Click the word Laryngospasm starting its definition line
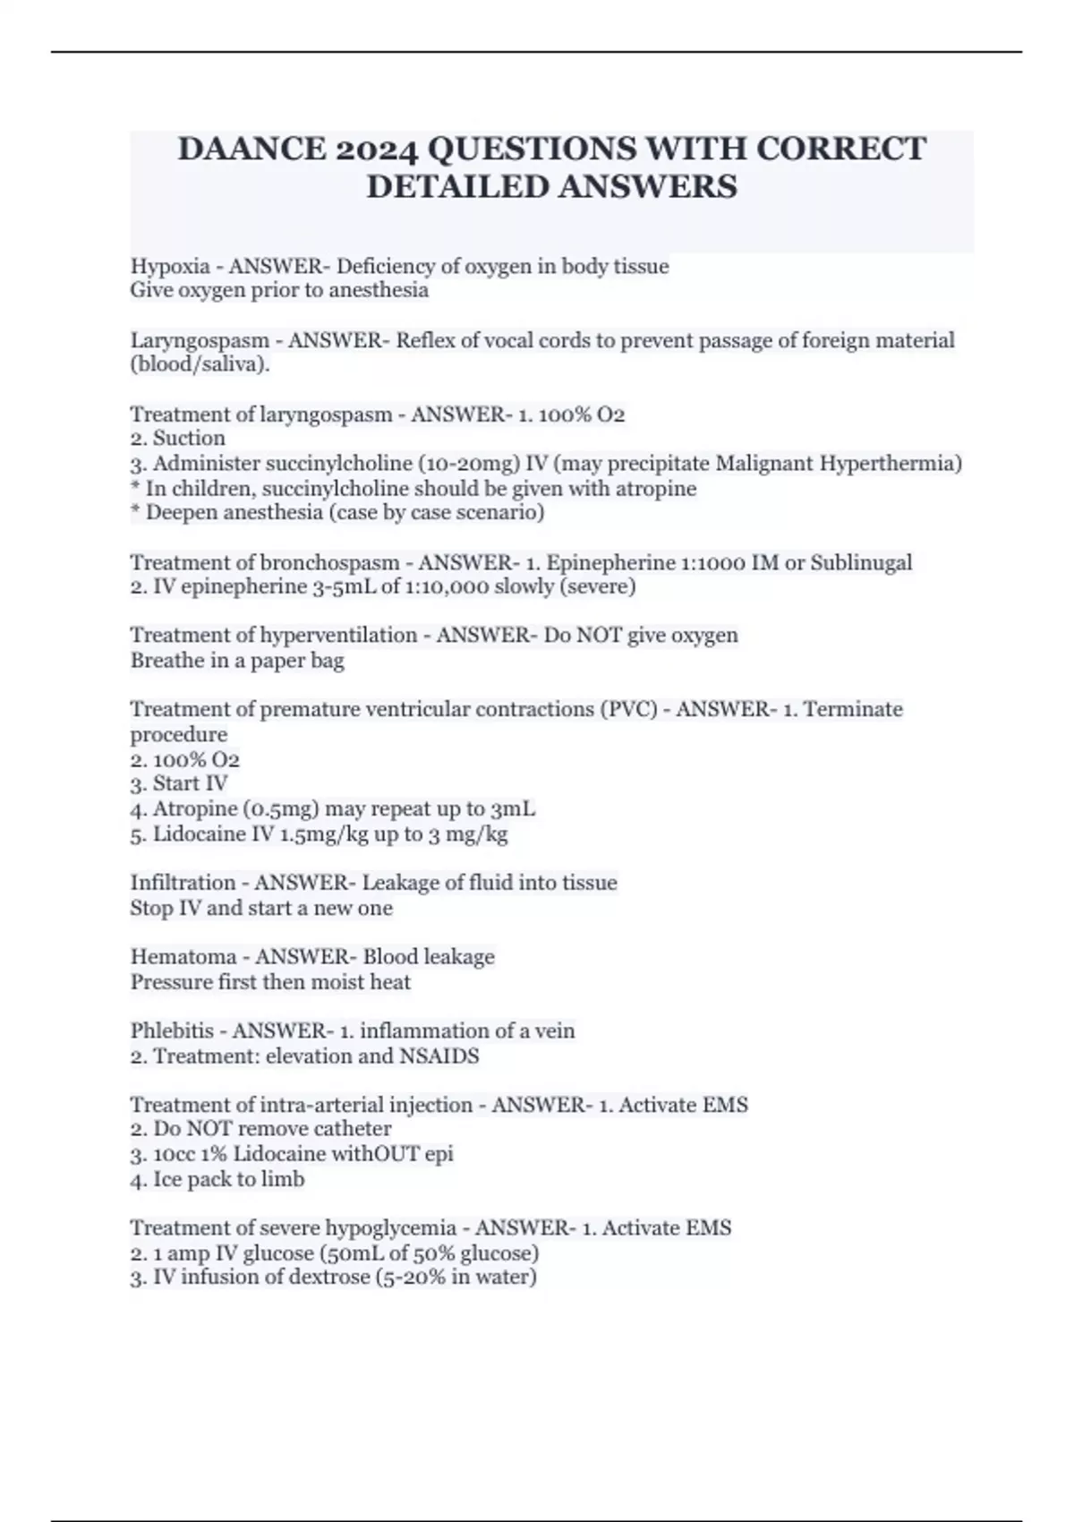(200, 340)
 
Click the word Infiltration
(183, 883)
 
